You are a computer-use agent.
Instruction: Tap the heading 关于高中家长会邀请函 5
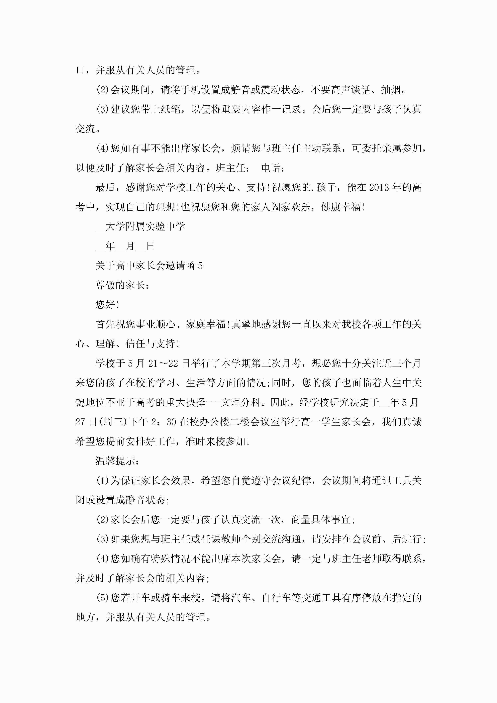coord(149,266)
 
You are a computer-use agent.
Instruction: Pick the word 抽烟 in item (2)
coord(391,90)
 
